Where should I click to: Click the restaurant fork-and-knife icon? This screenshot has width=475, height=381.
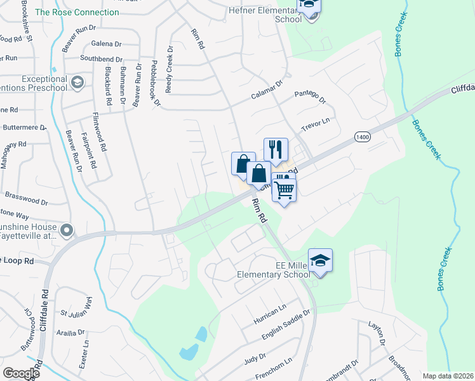point(276,149)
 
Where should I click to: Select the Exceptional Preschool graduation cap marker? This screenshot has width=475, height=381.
point(77,82)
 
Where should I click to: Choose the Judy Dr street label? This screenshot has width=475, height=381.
point(255,359)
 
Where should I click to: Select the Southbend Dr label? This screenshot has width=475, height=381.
point(100,58)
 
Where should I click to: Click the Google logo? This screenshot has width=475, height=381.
point(21,373)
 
